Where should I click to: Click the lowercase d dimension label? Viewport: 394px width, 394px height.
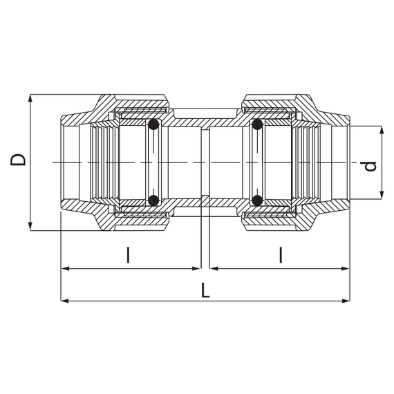coord(370,167)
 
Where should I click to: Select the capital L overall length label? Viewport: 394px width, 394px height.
coord(205,290)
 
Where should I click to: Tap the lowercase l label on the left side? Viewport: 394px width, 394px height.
coord(128,256)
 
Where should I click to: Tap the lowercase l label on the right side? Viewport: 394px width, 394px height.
coord(281,256)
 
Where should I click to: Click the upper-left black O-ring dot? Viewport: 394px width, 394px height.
coord(153,126)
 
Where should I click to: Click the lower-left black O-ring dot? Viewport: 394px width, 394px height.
coord(153,201)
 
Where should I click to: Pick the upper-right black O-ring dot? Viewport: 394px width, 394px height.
coord(256,126)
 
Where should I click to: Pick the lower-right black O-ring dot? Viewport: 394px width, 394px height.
coord(256,201)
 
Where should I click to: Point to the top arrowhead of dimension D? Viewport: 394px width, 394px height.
coord(30,97)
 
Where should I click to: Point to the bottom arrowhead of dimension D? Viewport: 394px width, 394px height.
coord(30,227)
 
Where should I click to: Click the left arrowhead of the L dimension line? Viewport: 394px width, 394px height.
coord(65,301)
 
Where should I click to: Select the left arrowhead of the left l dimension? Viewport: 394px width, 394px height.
coord(65,268)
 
